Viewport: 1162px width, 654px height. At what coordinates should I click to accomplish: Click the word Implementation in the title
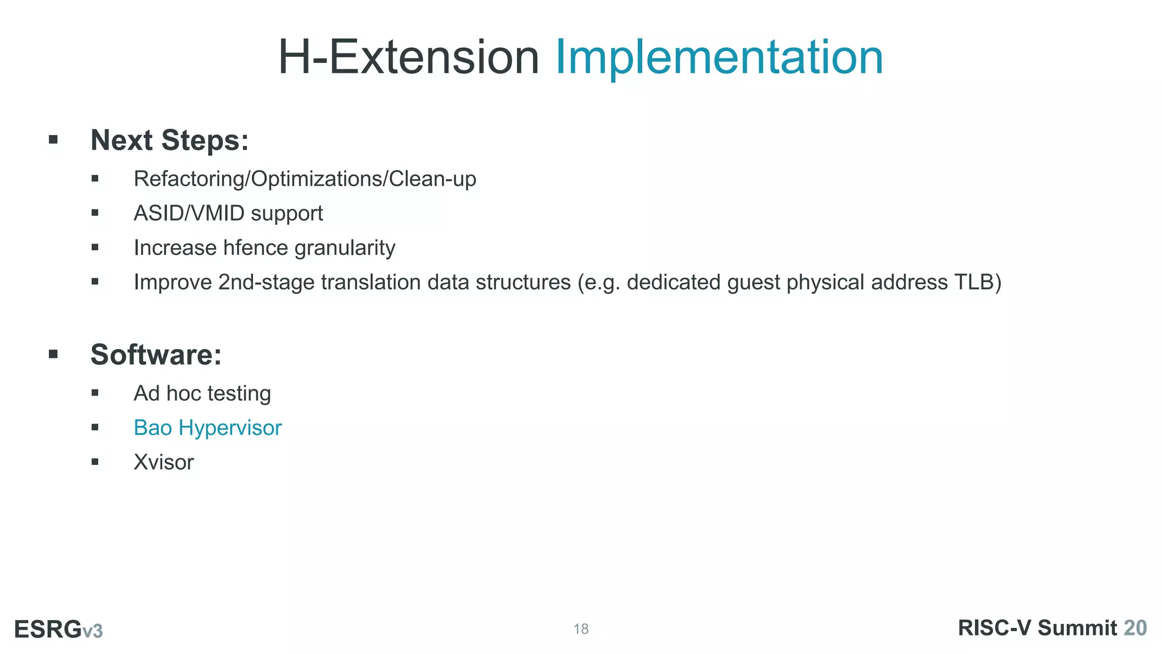coord(718,57)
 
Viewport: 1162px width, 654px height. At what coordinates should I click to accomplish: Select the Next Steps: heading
coord(170,140)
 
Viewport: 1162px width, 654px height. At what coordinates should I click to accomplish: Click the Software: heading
coord(156,355)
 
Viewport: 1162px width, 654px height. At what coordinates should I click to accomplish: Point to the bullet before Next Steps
coord(53,140)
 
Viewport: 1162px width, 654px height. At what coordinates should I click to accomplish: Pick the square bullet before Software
coord(53,354)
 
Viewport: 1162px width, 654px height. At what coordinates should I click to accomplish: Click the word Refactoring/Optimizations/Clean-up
coord(305,179)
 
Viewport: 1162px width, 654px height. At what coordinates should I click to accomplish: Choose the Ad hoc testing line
coord(202,393)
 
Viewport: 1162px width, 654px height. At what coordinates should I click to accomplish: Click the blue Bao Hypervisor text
coord(207,428)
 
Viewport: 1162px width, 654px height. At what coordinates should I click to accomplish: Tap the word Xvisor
coord(163,462)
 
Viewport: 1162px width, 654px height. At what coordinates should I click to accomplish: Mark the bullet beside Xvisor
coord(95,462)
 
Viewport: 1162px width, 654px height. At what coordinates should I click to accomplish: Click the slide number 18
coord(581,629)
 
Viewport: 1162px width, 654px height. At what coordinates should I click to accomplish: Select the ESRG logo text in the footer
coord(48,629)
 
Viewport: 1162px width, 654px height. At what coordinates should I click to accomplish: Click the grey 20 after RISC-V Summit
coord(1135,628)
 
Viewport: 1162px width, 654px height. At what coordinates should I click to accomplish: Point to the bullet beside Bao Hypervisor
coord(95,427)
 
